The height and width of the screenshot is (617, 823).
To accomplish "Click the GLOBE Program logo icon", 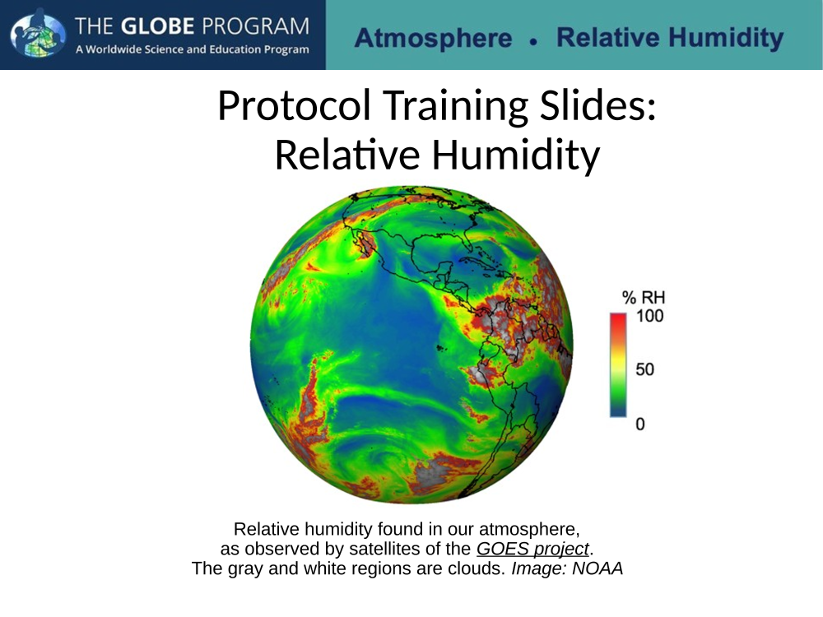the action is click(x=38, y=33).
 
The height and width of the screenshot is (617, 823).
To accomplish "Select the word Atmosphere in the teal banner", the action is click(x=433, y=39).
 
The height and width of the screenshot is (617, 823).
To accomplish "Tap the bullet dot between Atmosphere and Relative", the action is click(x=534, y=41).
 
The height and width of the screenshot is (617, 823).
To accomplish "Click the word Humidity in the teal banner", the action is click(x=726, y=39).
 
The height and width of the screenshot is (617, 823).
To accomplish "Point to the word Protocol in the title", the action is click(x=295, y=105).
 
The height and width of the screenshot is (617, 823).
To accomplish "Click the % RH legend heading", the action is click(x=644, y=298).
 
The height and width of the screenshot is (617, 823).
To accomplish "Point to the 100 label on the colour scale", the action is click(x=650, y=316).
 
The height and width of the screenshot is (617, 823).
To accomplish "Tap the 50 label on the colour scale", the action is click(x=645, y=369).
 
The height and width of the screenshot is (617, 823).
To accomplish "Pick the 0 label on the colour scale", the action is click(x=640, y=424).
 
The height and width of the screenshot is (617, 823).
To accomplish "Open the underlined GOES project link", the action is click(x=532, y=549).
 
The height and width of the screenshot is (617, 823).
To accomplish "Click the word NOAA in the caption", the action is click(x=597, y=568).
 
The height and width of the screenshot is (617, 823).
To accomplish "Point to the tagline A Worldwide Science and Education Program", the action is click(x=192, y=50).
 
